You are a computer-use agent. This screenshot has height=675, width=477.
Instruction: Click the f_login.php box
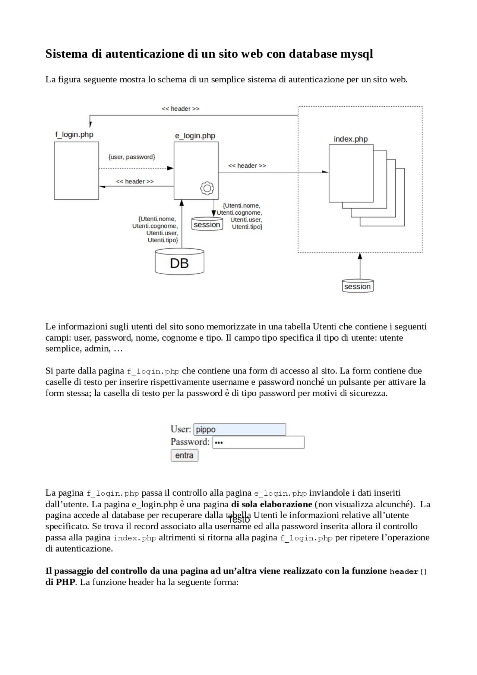pyautogui.click(x=76, y=171)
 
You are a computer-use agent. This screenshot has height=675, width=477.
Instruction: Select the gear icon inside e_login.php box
pyautogui.click(x=207, y=188)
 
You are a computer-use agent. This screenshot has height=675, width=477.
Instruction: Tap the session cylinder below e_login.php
pyautogui.click(x=207, y=224)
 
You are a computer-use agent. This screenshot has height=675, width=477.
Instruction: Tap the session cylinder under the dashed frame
pyautogui.click(x=358, y=286)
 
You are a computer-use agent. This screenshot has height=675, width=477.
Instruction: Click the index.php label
pyautogui.click(x=350, y=139)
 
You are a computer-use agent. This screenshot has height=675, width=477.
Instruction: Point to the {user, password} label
pyautogui.click(x=132, y=157)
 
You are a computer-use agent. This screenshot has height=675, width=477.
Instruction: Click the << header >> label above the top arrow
pyautogui.click(x=180, y=109)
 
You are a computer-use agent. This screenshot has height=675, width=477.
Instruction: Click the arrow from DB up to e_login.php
pyautogui.click(x=182, y=224)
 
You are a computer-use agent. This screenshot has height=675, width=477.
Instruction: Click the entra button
pyautogui.click(x=184, y=455)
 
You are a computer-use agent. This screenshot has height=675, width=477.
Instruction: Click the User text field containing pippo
pyautogui.click(x=240, y=429)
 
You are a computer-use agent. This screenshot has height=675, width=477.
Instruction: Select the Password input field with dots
pyautogui.click(x=258, y=442)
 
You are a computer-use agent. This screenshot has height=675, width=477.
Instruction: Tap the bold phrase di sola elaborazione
pyautogui.click(x=271, y=504)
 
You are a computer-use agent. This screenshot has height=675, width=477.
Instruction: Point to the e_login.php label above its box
pyautogui.click(x=195, y=136)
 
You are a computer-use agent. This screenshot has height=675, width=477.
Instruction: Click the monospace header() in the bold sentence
pyautogui.click(x=408, y=572)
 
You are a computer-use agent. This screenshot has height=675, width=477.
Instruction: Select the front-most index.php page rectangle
pyautogui.click(x=351, y=173)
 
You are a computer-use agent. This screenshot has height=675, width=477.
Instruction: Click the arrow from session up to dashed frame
pyautogui.click(x=360, y=266)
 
